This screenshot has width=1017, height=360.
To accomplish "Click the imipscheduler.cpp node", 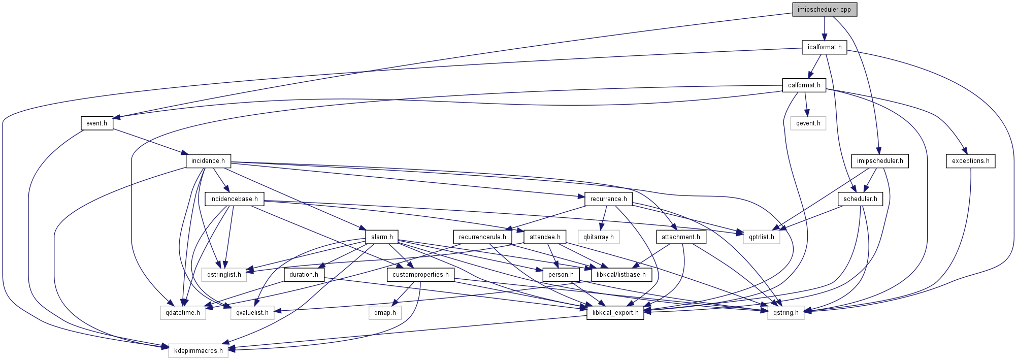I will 824,10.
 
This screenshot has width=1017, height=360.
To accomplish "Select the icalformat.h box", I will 824,47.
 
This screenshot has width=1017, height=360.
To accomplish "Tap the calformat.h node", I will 804,85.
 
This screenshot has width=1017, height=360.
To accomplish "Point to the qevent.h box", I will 808,123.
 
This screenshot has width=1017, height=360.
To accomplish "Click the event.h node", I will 96,123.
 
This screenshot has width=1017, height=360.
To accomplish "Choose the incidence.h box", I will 208,161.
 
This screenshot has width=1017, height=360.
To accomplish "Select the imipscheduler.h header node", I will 880,161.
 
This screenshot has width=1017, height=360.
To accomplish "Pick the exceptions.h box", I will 970,161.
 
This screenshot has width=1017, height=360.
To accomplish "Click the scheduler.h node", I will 860,199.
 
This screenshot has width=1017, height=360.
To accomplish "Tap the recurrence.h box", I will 608,199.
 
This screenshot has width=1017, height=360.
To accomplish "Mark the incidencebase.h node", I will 234,199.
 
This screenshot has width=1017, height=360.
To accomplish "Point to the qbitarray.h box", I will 598,237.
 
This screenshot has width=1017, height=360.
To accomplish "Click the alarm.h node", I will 382,237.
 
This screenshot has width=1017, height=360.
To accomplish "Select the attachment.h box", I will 680,237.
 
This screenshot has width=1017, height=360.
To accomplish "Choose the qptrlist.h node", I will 761,237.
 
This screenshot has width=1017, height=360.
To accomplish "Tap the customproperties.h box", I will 420,275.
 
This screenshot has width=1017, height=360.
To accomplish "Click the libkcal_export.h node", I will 615,313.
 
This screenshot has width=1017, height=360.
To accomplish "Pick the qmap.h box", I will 385,313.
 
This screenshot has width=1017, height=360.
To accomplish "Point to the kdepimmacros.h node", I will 198,351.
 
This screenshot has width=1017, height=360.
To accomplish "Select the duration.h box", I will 304,275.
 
